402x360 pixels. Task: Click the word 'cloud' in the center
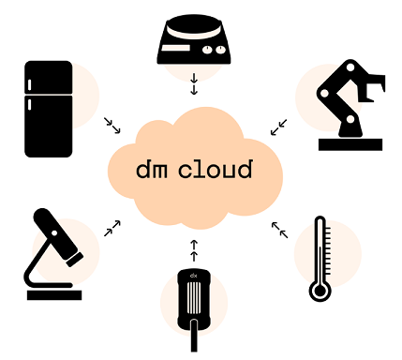pyautogui.click(x=221, y=170)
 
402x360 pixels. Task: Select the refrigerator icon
pyautogui.click(x=48, y=108)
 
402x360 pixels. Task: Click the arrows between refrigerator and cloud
pyautogui.click(x=113, y=125)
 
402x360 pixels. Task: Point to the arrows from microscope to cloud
pyautogui.click(x=112, y=228)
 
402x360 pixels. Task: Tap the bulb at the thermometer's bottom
pyautogui.click(x=320, y=291)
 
